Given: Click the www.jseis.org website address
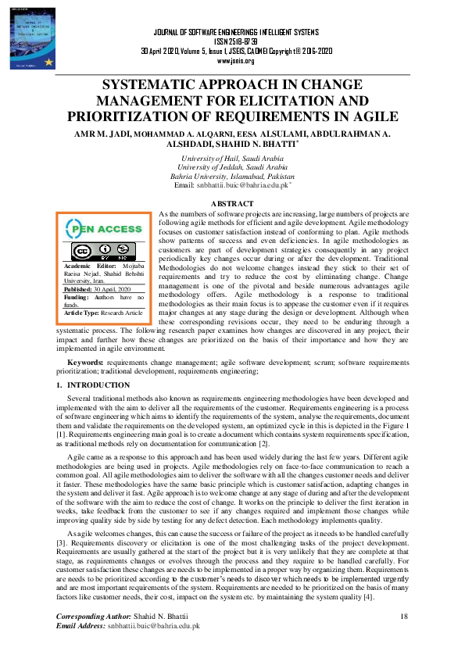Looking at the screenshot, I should point(235,60).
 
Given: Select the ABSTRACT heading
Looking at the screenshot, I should point(233,203).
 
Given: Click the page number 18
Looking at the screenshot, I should point(404,617).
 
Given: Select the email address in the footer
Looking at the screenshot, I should point(151,626).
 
